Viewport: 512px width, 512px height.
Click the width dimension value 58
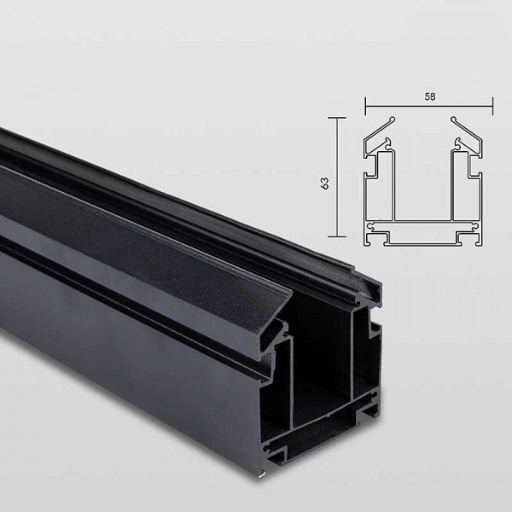tap(430, 96)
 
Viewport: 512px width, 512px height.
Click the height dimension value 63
tap(324, 183)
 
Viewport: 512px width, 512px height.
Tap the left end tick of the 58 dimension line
tap(365, 106)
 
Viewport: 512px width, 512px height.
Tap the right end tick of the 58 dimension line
tap(492, 106)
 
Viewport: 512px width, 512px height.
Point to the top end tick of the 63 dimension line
tap(337, 117)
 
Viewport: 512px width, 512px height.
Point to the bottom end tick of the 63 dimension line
tap(337, 236)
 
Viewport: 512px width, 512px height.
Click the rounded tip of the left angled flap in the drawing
tap(393, 119)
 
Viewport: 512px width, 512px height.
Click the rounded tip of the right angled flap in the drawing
tap(454, 119)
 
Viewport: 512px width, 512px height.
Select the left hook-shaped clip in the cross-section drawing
tap(388, 143)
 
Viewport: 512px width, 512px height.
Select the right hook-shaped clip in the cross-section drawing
tap(458, 143)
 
